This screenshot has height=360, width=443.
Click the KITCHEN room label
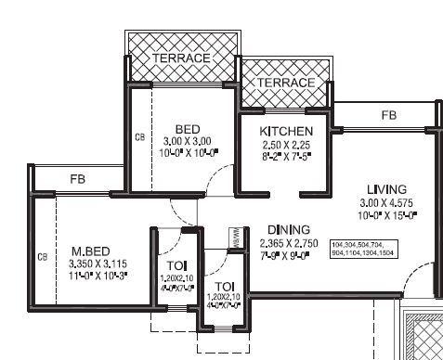tap(286, 131)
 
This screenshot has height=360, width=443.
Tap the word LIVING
tap(385, 187)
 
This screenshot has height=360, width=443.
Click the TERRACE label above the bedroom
tap(181, 58)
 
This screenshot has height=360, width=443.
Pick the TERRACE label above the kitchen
tap(285, 83)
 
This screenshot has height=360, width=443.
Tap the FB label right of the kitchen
tap(388, 115)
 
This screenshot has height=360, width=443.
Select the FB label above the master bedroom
tap(77, 179)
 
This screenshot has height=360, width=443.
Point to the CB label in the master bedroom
tap(42, 257)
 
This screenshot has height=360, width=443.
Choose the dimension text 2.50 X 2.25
tap(286, 147)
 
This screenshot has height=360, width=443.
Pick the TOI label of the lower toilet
tap(224, 285)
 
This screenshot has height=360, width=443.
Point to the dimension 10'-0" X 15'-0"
tap(387, 214)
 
